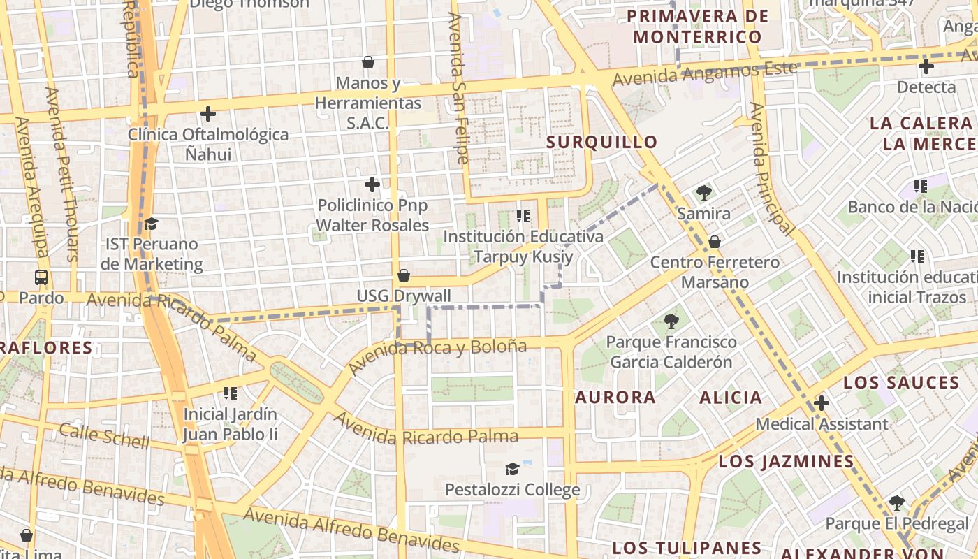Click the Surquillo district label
601,142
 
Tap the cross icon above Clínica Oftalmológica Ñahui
207,113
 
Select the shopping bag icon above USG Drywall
403,275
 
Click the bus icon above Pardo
41,277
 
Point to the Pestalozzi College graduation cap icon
512,469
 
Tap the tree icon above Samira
703,193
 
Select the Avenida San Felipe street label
459,88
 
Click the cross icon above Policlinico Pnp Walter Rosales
372,184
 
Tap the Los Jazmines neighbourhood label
786,461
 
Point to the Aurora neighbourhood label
615,398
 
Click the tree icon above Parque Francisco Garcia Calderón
671,321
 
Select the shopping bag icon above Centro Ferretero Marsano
715,242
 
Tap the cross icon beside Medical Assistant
822,403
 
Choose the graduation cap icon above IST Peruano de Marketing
151,224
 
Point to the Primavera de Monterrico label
697,27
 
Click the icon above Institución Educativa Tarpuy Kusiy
523,216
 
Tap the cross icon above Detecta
926,66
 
